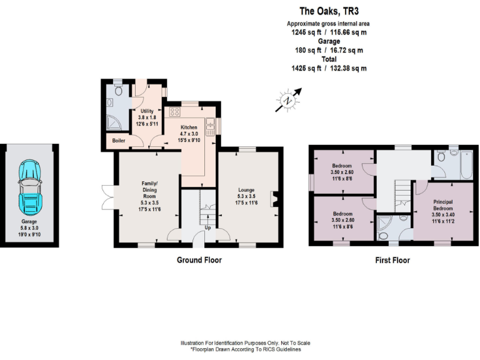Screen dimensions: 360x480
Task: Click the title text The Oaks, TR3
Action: tap(329, 11)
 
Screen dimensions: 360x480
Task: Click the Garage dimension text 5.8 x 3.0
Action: tap(29, 228)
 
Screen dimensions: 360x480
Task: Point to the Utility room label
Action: tap(147, 111)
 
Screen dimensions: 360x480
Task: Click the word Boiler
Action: tap(119, 141)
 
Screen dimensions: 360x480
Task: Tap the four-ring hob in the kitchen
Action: tap(174, 113)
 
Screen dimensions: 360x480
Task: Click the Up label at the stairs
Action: tap(207, 227)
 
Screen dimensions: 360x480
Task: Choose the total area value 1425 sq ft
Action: tap(306, 68)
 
